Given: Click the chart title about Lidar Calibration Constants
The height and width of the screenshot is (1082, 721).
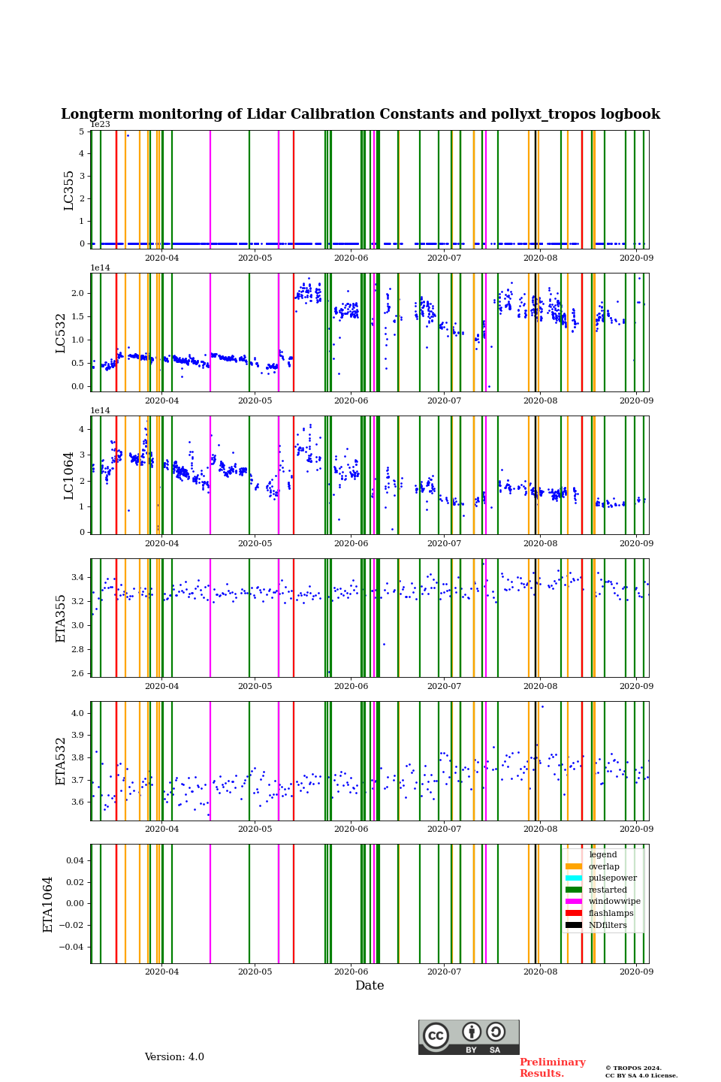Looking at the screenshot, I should [x=360, y=115].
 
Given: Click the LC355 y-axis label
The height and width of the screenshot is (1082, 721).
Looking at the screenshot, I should [x=69, y=190].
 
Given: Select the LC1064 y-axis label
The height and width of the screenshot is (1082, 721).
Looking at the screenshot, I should [x=69, y=476].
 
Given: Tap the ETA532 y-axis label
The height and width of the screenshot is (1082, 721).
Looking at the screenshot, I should [x=62, y=761].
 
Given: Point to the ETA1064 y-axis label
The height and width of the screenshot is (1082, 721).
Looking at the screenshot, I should [x=49, y=904].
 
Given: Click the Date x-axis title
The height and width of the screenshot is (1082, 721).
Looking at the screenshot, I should [x=370, y=986].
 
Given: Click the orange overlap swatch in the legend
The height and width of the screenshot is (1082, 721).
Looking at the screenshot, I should [x=574, y=866].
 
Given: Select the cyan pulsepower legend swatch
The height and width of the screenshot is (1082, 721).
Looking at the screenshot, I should [x=574, y=878].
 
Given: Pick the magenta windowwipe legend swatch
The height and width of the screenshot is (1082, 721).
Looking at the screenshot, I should [x=574, y=902].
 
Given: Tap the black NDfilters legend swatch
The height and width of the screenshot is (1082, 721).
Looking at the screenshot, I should [x=574, y=925].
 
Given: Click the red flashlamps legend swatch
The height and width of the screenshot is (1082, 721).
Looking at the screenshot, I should [x=574, y=914].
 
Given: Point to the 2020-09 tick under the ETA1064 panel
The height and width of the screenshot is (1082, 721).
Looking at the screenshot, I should [x=636, y=972].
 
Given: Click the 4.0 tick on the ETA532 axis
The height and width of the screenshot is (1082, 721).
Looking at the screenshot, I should [x=77, y=713].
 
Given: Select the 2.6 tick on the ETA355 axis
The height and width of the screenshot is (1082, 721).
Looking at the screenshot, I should [x=77, y=673].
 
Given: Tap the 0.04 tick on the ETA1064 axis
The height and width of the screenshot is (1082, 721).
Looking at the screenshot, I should [x=72, y=860].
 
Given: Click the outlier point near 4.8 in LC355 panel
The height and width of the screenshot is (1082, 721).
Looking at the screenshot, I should [x=128, y=136].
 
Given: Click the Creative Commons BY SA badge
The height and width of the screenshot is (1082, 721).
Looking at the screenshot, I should [x=469, y=1037].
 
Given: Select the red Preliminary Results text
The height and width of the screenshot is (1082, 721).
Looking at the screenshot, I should [x=552, y=1068].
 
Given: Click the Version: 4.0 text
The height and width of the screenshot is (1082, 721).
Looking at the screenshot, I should [x=174, y=1057].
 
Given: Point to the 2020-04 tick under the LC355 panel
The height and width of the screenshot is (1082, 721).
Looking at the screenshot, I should [x=161, y=258].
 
